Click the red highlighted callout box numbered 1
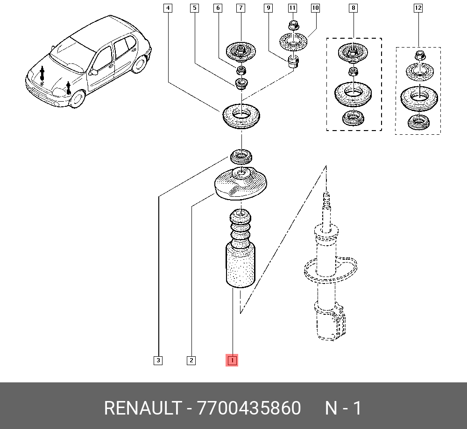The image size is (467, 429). [232, 360]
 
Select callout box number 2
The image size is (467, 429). [191, 360]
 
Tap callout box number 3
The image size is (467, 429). [158, 360]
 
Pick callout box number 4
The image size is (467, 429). [168, 8]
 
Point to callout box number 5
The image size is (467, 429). [194, 8]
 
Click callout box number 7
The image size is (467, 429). [241, 8]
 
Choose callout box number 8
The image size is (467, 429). [353, 8]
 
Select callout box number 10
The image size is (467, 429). [315, 8]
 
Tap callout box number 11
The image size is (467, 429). [292, 8]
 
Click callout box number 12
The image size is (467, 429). [417, 8]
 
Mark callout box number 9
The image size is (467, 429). [268, 8]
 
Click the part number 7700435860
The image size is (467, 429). [249, 408]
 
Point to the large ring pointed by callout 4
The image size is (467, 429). [241, 117]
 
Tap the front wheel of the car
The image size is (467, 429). [76, 98]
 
